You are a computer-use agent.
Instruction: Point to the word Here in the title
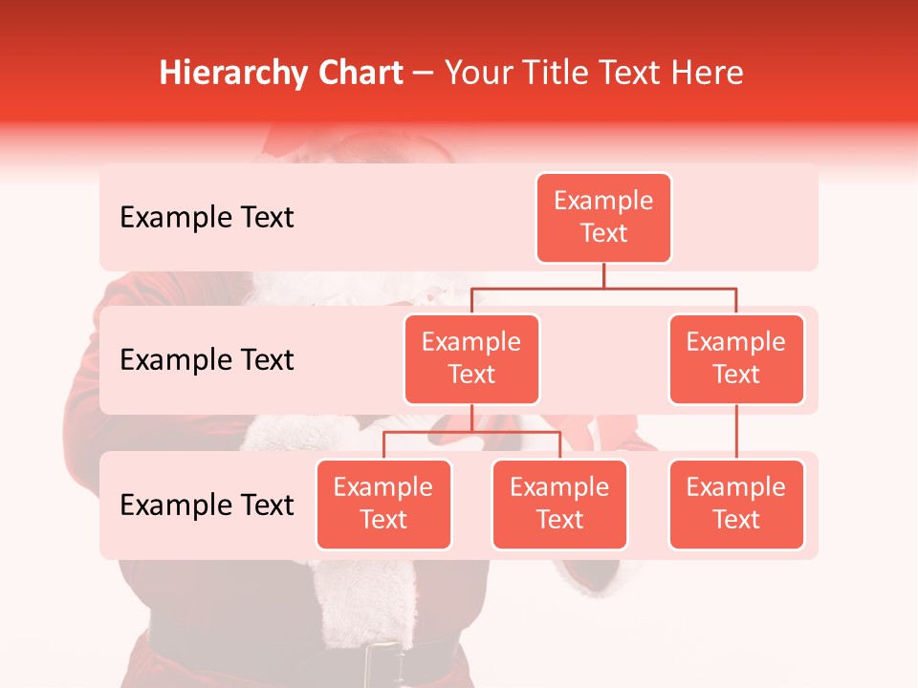708,74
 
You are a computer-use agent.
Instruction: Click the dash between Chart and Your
423,74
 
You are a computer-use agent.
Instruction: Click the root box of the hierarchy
603,217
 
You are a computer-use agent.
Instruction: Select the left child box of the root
471,358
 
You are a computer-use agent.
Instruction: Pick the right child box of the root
736,358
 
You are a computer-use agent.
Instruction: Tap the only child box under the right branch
736,504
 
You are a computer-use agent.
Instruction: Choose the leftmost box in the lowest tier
383,504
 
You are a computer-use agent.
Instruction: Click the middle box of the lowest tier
559,504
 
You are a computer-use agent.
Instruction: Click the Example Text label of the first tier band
207,217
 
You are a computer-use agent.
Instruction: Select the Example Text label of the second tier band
207,359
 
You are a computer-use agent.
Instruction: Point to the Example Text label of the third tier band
207,505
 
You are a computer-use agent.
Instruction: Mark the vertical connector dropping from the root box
603,275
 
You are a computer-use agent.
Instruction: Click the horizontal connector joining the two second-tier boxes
603,287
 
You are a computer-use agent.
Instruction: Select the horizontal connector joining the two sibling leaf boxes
471,432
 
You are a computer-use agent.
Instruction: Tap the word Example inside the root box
603,201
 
